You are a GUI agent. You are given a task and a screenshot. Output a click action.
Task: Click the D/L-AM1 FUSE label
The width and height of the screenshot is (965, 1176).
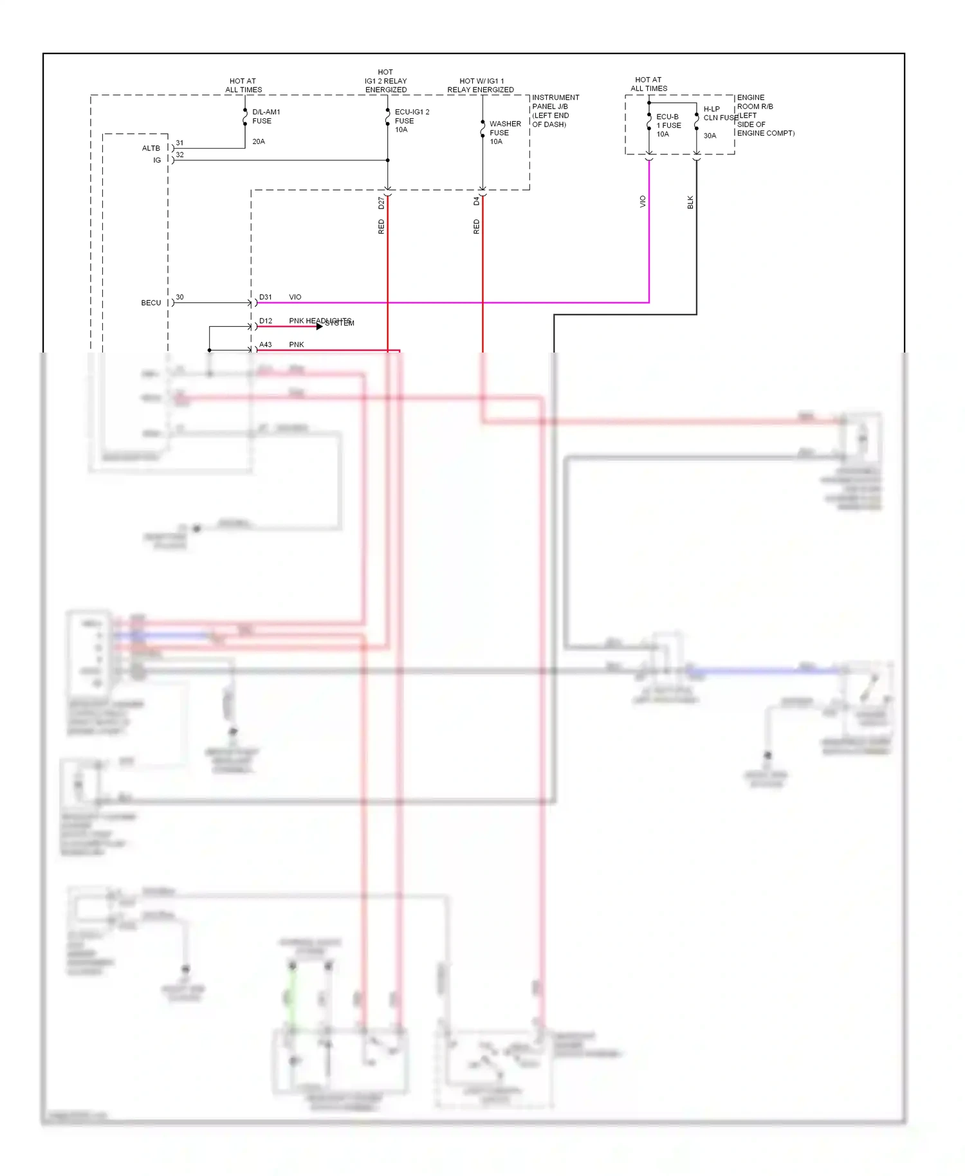[266, 116]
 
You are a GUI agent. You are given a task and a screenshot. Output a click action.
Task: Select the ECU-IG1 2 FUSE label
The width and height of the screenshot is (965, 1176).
[411, 116]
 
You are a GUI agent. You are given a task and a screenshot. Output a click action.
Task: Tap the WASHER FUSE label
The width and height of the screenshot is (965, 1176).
[505, 128]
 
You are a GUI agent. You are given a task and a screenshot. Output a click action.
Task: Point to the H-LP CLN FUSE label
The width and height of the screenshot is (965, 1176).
[719, 113]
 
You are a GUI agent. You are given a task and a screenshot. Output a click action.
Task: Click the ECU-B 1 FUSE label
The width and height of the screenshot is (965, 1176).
[668, 121]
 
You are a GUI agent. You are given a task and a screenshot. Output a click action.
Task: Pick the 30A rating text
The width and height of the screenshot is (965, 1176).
[709, 136]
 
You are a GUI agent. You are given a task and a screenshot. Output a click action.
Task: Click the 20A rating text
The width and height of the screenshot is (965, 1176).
[258, 142]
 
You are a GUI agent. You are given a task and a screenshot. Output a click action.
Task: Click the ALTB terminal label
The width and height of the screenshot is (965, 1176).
[151, 148]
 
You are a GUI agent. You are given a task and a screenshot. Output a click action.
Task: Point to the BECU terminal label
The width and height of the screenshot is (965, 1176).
[151, 302]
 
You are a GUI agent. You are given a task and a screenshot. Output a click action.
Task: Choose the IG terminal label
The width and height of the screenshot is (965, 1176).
[156, 160]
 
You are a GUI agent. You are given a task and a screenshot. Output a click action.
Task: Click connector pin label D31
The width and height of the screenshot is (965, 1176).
[265, 297]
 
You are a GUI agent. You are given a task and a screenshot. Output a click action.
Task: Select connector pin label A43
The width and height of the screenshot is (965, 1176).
[265, 345]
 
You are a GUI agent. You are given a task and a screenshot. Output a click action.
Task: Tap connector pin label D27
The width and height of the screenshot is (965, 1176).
[381, 203]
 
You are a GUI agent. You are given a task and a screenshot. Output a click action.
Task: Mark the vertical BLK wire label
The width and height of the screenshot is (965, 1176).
[690, 202]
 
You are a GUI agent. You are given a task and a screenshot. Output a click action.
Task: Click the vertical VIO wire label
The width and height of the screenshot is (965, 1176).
[642, 201]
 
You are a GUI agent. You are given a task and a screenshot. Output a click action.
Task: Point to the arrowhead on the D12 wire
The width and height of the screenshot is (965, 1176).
[319, 326]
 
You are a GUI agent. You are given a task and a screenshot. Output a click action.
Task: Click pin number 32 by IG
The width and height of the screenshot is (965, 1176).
[179, 154]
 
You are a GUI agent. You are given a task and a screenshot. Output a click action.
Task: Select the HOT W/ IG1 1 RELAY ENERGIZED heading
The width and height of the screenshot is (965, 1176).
[481, 86]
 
